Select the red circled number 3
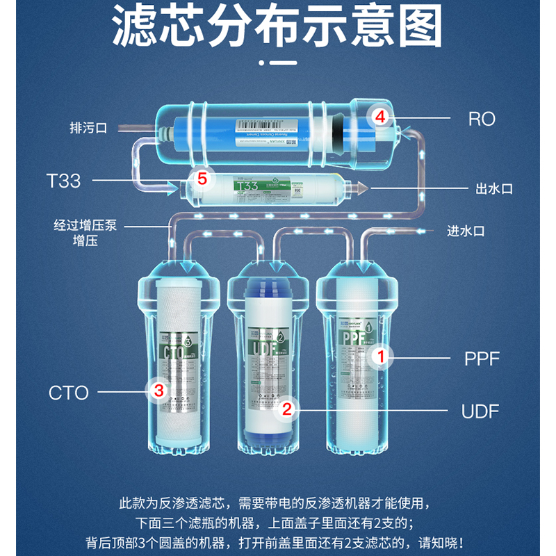[x=159, y=391]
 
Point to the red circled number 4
[x=379, y=117]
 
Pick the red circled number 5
[x=202, y=179]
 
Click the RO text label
[x=481, y=119]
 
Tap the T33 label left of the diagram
[x=63, y=181]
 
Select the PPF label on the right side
[x=482, y=359]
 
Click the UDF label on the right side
[x=480, y=411]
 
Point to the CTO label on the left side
[x=69, y=393]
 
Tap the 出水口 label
[x=493, y=188]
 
